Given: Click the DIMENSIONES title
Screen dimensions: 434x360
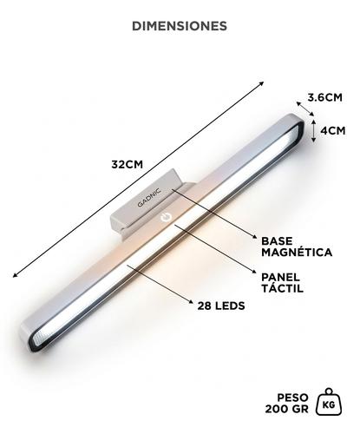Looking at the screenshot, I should pos(180,26).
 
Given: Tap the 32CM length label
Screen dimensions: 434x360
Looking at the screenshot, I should pos(128,164).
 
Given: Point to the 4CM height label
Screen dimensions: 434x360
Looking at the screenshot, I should pos(333,132).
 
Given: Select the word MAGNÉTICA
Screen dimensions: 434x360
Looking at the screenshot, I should pos(297,253).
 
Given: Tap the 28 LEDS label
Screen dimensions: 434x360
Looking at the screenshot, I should pos(221,306).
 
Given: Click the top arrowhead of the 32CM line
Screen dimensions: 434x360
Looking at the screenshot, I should pos(261,84).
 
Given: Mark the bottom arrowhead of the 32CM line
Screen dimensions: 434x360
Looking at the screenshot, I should pos(15,275).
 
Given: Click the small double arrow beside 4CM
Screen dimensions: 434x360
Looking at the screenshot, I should pos(316,133).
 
